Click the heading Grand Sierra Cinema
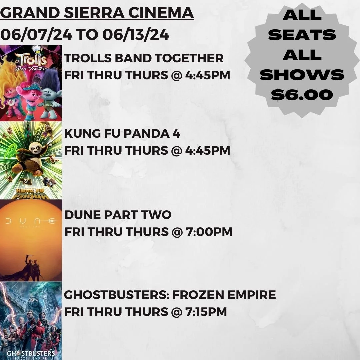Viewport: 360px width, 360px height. coord(97,13)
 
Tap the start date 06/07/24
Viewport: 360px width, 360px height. coord(36,34)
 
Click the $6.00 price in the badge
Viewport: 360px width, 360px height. coord(302,95)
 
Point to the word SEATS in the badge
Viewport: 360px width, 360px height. coord(302,35)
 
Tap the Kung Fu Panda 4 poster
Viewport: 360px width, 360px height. coord(31,160)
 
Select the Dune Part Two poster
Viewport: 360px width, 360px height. coord(31,240)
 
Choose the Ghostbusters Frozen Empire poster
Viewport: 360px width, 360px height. coord(31,320)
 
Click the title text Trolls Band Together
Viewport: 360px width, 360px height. coord(144,58)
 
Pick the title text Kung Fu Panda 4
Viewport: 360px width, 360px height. coord(122,134)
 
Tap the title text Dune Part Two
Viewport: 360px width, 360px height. coord(118,215)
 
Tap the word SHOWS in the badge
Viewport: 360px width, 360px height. coord(302,75)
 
